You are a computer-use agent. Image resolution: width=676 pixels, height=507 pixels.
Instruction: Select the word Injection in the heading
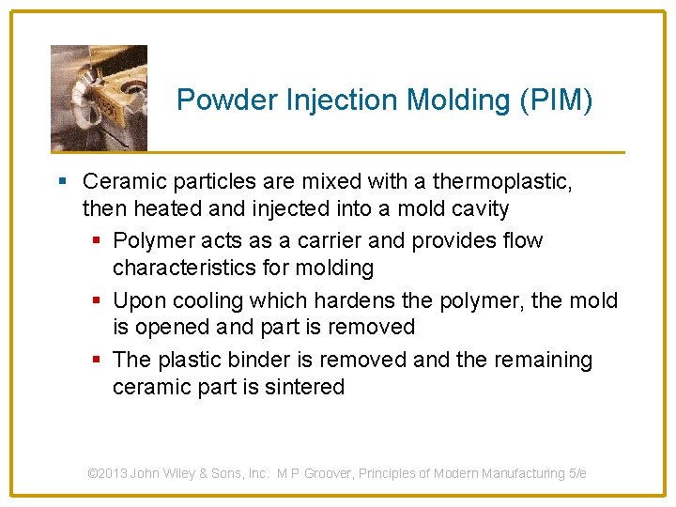(319, 100)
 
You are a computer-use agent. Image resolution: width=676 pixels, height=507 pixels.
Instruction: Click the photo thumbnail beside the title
(99, 98)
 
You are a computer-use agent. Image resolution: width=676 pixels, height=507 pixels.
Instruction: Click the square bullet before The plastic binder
(97, 360)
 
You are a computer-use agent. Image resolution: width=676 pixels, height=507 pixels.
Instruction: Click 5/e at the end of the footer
(577, 473)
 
